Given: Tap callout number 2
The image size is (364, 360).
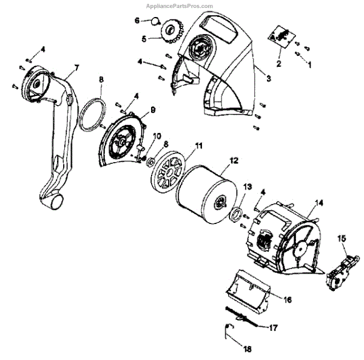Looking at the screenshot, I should [x=279, y=63].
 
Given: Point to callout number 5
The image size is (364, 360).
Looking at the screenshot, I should [x=144, y=39].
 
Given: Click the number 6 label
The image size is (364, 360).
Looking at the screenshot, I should [x=137, y=20].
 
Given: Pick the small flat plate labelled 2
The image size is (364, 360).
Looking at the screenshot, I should [x=281, y=36].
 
